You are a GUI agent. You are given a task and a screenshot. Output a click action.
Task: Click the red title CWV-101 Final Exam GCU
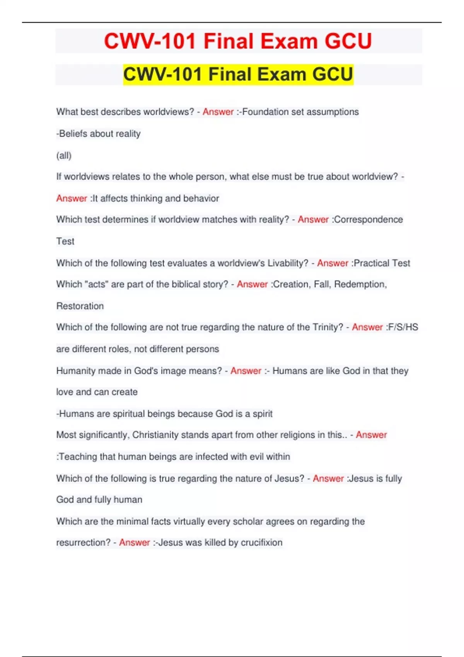point(238,41)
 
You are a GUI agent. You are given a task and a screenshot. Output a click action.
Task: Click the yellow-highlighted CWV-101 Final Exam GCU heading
point(238,74)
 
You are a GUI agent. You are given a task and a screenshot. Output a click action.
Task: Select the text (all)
point(64,155)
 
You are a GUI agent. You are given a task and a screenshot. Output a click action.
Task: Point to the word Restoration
point(80,306)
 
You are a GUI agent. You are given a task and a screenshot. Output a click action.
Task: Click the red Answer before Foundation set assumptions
point(218,112)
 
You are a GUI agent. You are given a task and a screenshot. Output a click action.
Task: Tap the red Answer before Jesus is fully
point(328,478)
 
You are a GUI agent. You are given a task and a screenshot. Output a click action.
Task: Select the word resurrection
point(83,543)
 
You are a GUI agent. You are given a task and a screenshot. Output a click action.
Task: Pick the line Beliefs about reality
point(99,134)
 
